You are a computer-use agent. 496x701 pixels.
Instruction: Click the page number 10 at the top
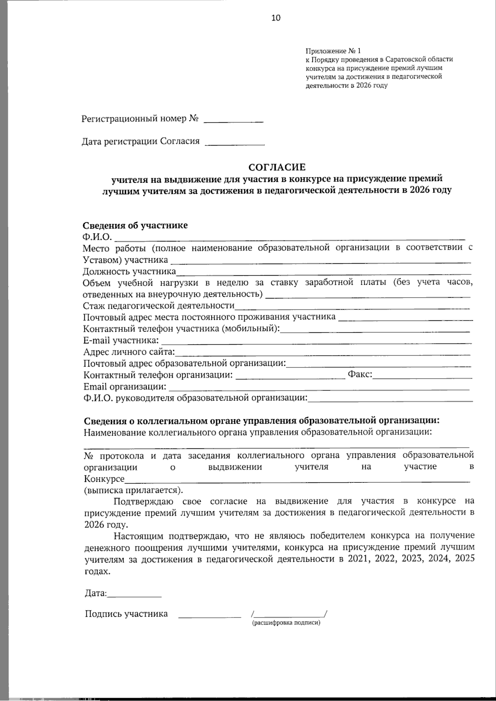tap(276, 17)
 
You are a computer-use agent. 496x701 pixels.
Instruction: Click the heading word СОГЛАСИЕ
tap(277, 167)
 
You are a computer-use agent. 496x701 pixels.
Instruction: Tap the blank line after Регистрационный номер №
tap(234, 121)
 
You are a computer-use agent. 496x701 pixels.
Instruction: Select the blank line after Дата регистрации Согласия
tap(235, 144)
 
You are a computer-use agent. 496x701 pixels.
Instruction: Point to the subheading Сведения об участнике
tap(135, 225)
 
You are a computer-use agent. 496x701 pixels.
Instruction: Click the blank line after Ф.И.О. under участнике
tap(289, 238)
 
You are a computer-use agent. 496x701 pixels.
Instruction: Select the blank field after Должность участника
tap(323, 273)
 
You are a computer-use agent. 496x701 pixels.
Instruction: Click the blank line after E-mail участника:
tap(316, 342)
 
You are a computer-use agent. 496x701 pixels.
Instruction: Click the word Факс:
tap(360, 374)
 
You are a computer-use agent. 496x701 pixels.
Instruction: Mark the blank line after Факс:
tap(422, 377)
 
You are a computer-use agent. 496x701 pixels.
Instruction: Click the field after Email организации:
tap(319, 388)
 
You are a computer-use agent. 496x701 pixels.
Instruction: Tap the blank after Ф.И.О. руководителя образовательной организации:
tap(390, 400)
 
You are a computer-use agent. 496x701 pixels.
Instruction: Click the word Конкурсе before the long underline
tap(104, 479)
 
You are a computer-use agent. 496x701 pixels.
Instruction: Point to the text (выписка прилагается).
tap(133, 490)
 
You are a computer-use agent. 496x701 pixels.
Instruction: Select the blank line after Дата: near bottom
tap(134, 596)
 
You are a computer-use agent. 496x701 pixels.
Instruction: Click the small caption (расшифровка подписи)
tap(286, 622)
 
